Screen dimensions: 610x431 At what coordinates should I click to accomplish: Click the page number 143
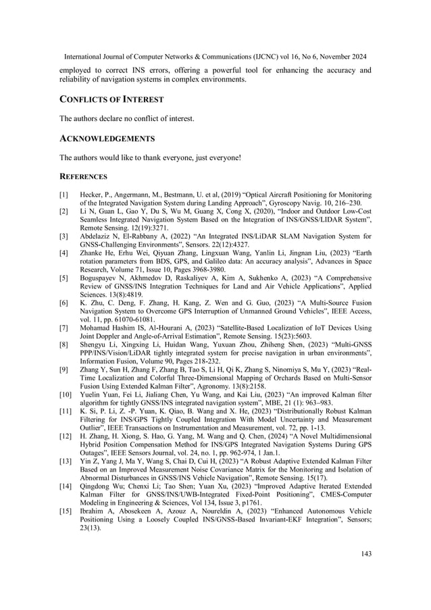[x=365, y=554]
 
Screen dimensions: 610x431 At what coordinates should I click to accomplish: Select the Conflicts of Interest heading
[x=111, y=99]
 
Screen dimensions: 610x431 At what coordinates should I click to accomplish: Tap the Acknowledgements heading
[x=107, y=138]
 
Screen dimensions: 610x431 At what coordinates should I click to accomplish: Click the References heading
[x=84, y=177]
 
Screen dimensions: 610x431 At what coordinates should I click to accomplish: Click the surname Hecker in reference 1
[x=93, y=195]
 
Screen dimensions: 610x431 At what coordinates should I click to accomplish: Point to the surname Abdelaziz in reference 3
[x=95, y=236]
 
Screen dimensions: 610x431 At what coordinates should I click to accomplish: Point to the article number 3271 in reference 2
[x=168, y=228]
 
